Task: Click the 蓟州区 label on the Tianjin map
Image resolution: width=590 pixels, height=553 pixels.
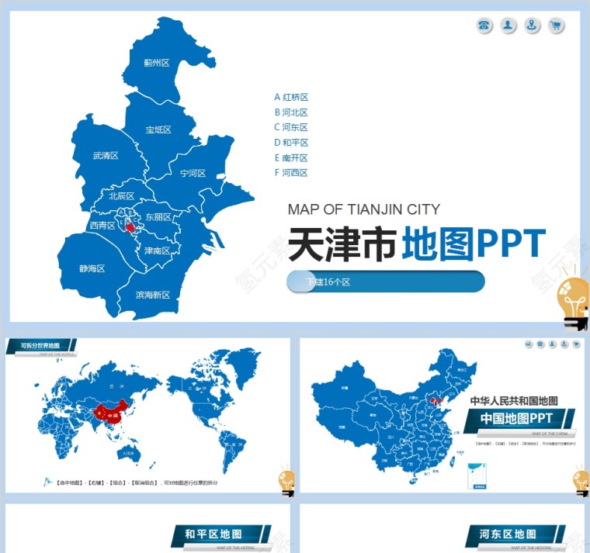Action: click(x=156, y=63)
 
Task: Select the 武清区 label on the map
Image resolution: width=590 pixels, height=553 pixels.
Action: click(x=105, y=156)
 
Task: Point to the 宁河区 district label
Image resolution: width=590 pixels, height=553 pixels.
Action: click(x=193, y=174)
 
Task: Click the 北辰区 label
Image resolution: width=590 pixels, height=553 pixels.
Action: click(x=121, y=196)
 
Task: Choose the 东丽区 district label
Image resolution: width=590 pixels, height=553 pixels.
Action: click(x=158, y=217)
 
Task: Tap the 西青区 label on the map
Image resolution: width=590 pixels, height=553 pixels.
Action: click(x=102, y=226)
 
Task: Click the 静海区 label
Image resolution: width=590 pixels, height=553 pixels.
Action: click(x=92, y=268)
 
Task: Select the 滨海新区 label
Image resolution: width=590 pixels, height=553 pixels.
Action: click(x=152, y=295)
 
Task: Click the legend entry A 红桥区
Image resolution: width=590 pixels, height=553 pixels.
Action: click(x=291, y=97)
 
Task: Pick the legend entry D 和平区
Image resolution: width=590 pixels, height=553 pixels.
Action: click(x=291, y=143)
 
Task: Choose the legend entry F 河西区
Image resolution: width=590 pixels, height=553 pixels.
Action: click(x=291, y=173)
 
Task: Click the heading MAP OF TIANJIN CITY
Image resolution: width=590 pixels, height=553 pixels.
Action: click(x=363, y=209)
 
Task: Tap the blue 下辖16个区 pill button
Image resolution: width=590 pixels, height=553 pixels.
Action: click(x=386, y=282)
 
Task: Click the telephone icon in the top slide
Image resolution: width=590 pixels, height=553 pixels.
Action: click(x=484, y=26)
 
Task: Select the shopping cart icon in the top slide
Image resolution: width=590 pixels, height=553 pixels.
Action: click(x=556, y=26)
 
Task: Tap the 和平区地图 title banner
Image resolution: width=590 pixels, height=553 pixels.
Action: click(x=213, y=534)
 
